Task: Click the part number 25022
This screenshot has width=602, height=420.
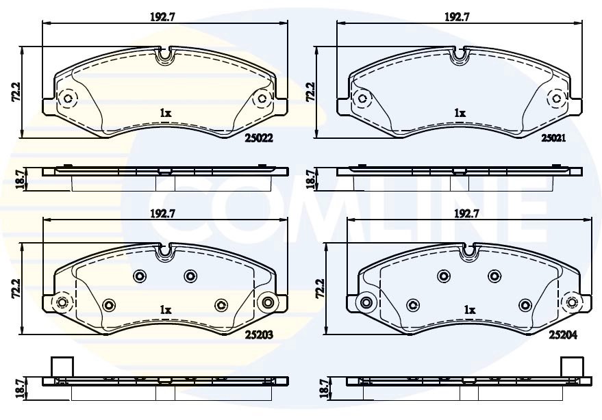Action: (259, 138)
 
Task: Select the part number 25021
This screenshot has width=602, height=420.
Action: (553, 137)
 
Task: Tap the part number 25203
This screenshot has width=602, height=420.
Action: (259, 335)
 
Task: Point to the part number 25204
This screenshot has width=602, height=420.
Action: (563, 335)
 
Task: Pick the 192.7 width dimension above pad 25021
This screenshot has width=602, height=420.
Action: (457, 17)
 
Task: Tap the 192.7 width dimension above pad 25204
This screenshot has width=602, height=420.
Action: (466, 213)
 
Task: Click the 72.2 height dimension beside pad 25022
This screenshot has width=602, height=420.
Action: (16, 92)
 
